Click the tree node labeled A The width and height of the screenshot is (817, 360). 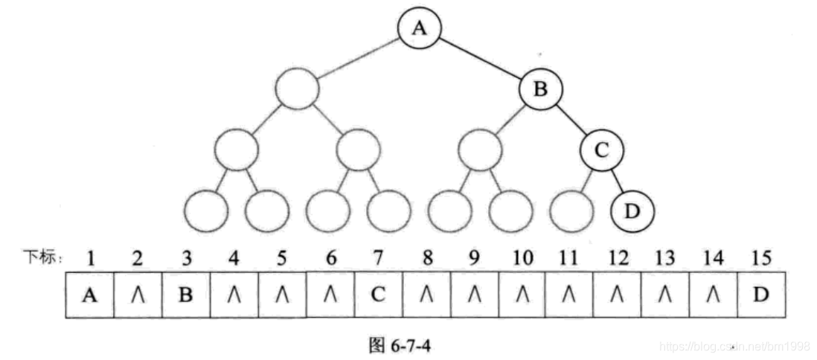point(420,28)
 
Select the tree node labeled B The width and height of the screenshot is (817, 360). point(541,90)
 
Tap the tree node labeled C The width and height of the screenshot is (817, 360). point(602,151)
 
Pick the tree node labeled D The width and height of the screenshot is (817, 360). point(632,211)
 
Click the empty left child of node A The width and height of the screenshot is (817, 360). point(297,90)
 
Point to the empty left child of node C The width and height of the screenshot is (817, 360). point(572,211)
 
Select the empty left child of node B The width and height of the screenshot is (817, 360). point(480,151)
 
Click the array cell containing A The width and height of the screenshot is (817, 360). point(90,295)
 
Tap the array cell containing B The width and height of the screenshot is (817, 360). point(186,295)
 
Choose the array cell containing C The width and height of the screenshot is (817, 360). point(378,295)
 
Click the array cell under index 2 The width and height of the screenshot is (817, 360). point(138,295)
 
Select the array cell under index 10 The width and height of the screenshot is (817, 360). point(522,295)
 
